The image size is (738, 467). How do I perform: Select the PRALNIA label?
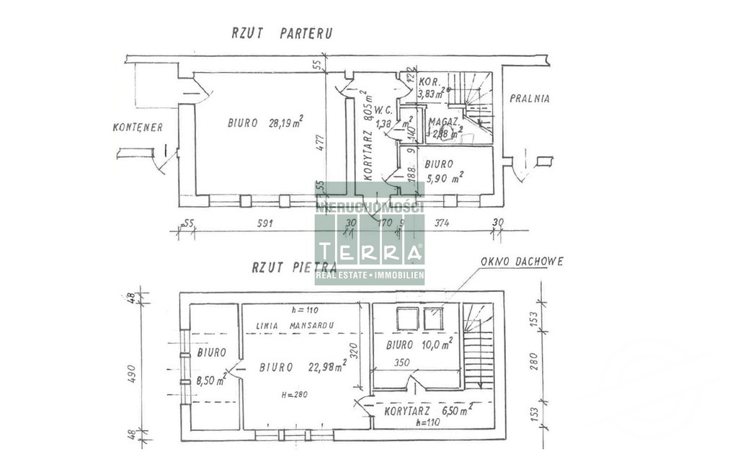pos(529,99)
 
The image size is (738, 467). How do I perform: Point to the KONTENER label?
pos(138,127)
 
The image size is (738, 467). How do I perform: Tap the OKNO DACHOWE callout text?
pos(523,262)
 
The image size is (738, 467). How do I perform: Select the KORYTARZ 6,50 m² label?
pos(428,410)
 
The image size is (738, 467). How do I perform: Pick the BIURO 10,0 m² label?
pos(419,344)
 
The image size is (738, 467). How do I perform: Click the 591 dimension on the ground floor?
pos(264,223)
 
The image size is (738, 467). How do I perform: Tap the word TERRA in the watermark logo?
pos(369,252)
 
